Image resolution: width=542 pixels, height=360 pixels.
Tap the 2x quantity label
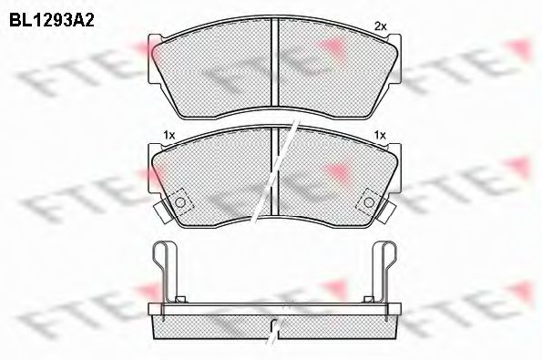coord(382,26)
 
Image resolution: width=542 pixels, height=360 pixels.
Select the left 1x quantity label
coord(168,136)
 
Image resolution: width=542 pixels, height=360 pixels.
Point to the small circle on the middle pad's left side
coord(180,201)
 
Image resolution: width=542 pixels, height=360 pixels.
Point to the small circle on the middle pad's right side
coord(369,201)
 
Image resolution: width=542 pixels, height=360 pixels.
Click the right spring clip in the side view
coord(388,269)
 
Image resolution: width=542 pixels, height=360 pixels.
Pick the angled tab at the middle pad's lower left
coord(162,213)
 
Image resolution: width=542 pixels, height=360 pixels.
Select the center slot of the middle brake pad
coord(275,178)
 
